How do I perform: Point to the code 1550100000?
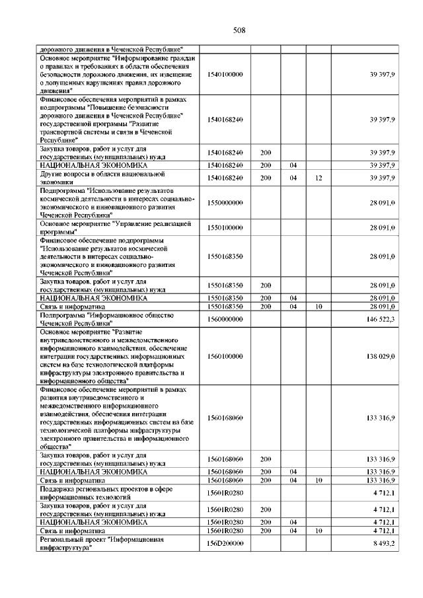point(225,227)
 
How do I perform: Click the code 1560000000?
point(225,319)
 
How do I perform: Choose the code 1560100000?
point(225,356)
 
